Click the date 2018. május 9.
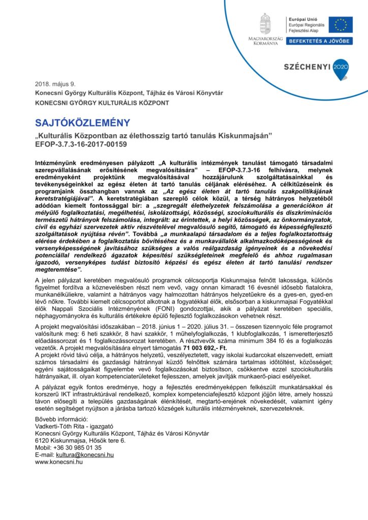click(54, 84)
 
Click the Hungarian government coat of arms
click(265, 24)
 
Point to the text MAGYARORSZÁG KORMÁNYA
click(265, 41)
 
